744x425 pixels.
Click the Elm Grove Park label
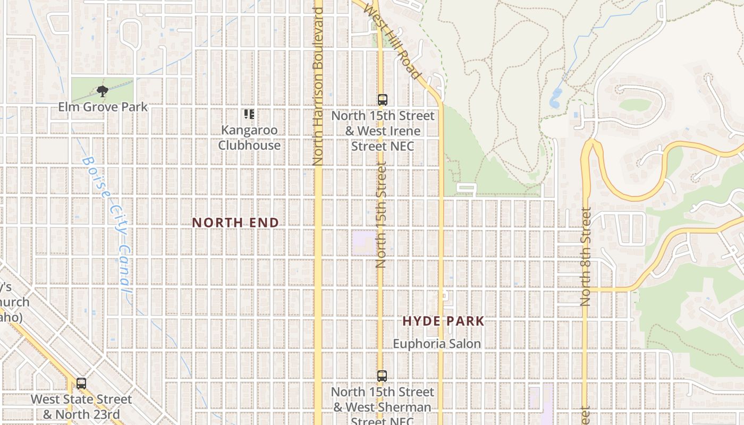pyautogui.click(x=103, y=107)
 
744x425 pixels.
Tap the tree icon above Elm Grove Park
pyautogui.click(x=102, y=91)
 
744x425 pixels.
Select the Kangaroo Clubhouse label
pyautogui.click(x=249, y=138)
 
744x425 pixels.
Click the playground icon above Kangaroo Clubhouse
pyautogui.click(x=249, y=114)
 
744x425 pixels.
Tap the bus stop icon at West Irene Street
pyautogui.click(x=382, y=99)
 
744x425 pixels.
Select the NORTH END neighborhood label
pyautogui.click(x=235, y=223)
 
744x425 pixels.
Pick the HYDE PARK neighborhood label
pyautogui.click(x=443, y=321)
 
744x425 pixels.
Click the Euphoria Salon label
pyautogui.click(x=437, y=344)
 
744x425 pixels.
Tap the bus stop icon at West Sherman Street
pyautogui.click(x=382, y=376)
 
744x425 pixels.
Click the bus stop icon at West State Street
pyautogui.click(x=81, y=383)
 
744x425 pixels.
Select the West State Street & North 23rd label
pyautogui.click(x=81, y=406)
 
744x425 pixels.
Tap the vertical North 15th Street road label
pyautogui.click(x=381, y=215)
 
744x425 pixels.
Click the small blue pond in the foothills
pyautogui.click(x=556, y=99)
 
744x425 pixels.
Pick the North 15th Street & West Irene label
pyautogui.click(x=383, y=131)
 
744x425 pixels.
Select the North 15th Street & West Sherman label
pyautogui.click(x=383, y=407)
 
